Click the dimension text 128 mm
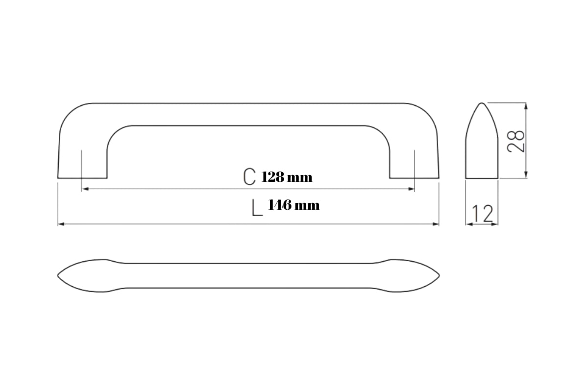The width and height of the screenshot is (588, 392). click(287, 177)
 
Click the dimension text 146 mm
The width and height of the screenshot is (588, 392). click(294, 205)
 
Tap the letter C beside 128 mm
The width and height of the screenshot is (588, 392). click(249, 176)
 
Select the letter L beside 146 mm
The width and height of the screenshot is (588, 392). click(257, 208)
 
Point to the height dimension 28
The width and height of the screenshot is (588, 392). click(515, 141)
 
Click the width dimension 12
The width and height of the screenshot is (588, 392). click(482, 214)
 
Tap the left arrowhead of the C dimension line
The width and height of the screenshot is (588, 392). click(85, 189)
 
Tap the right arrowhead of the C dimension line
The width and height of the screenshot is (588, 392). click(411, 189)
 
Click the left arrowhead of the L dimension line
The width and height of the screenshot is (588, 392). click(61, 224)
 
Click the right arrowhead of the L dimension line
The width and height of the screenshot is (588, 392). click(436, 224)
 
